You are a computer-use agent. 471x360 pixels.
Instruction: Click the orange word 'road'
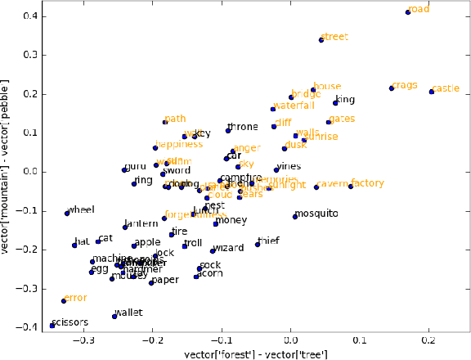click(x=419, y=10)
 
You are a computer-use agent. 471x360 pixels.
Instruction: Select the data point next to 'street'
click(x=321, y=40)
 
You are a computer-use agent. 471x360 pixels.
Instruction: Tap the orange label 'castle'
click(x=446, y=88)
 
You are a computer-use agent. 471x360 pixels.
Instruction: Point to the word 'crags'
click(x=405, y=85)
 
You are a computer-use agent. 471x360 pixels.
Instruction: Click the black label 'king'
click(x=346, y=100)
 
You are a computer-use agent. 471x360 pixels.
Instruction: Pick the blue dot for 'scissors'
click(x=52, y=326)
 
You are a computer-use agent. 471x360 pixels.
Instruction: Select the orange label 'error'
click(x=75, y=298)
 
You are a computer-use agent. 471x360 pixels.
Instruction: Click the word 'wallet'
click(x=128, y=313)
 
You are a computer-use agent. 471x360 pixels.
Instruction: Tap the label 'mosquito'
click(x=316, y=214)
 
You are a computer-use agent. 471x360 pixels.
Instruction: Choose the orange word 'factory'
click(x=368, y=183)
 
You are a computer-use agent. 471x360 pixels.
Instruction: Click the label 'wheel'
click(x=81, y=210)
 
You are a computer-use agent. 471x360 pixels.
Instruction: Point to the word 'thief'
click(x=268, y=241)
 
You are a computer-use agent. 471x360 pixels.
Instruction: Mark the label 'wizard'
click(x=228, y=248)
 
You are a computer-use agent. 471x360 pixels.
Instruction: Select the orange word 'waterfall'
click(x=294, y=106)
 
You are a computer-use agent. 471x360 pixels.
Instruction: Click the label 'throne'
click(x=243, y=127)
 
